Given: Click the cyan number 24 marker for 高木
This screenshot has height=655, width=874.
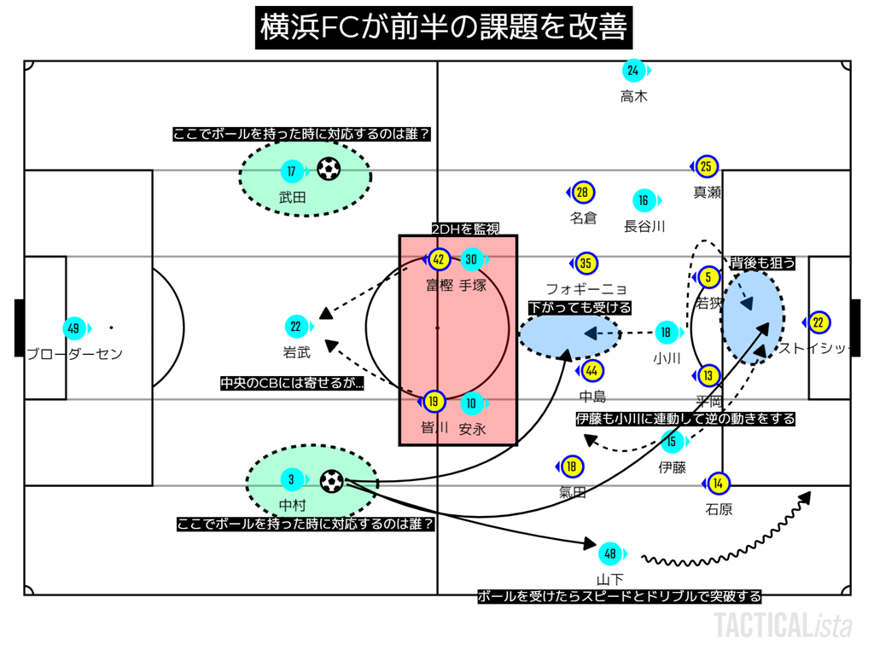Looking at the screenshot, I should [x=632, y=71].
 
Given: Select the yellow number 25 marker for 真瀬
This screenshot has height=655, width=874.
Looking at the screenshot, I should [x=706, y=167].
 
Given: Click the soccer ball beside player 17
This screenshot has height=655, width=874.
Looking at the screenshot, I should [x=328, y=170].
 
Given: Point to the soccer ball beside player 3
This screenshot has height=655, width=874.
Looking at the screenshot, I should [x=331, y=482].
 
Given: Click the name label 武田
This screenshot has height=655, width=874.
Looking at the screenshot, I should [x=292, y=197].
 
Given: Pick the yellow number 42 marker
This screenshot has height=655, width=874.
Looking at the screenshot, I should [x=439, y=259].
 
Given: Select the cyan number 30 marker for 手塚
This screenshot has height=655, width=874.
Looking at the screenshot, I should [x=471, y=259].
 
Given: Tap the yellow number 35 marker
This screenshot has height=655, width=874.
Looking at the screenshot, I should [x=586, y=263].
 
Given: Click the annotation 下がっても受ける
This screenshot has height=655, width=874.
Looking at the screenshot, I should [x=580, y=307].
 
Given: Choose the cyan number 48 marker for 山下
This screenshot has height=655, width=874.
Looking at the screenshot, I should [x=609, y=554].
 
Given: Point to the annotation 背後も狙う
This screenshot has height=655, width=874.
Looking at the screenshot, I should [x=762, y=264].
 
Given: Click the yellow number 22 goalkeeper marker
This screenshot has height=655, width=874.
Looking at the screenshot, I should [x=818, y=322].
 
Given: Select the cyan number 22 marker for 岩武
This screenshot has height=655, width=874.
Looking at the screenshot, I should [x=295, y=327].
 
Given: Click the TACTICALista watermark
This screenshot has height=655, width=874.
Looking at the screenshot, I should [x=783, y=625].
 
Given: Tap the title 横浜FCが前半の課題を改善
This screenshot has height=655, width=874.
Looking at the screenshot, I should [x=443, y=29].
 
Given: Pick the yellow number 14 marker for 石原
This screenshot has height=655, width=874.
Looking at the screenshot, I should [x=719, y=484].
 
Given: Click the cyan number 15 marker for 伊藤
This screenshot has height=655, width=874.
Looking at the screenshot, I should [x=673, y=441].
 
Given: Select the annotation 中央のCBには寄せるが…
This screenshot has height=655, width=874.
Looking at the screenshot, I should [x=292, y=384].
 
